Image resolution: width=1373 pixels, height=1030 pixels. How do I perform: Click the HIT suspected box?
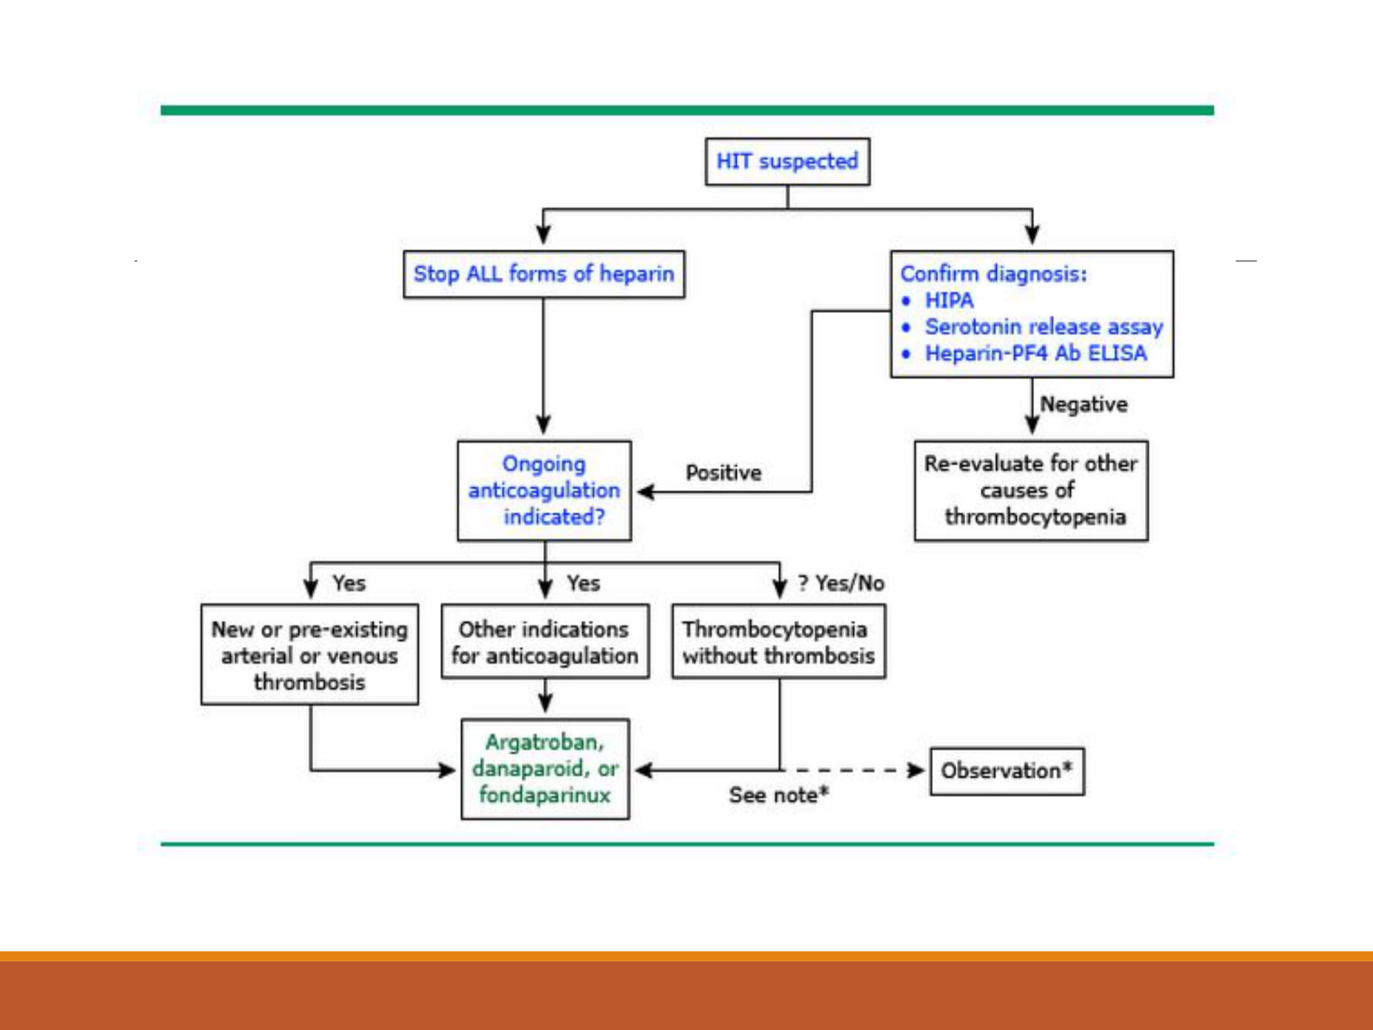[x=787, y=161]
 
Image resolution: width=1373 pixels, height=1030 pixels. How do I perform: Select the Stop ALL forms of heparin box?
[x=544, y=274]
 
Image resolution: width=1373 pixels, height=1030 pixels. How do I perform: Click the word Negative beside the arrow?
[x=1084, y=404]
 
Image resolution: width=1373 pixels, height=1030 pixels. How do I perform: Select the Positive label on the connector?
[x=724, y=472]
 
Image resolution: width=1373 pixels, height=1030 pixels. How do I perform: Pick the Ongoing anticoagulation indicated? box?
[x=544, y=490]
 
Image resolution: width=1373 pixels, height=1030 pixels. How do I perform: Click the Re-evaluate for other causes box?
[x=1031, y=490]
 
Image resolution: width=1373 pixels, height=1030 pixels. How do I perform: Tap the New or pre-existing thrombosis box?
[x=310, y=654]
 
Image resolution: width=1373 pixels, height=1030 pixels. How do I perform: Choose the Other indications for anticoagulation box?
[x=545, y=641]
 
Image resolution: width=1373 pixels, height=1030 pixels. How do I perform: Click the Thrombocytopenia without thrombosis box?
[x=778, y=641]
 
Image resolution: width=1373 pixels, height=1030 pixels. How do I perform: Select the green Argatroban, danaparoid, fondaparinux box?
[x=545, y=769]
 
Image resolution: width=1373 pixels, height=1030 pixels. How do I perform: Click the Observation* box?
[x=1007, y=771]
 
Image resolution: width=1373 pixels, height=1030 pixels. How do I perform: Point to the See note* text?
[x=779, y=794]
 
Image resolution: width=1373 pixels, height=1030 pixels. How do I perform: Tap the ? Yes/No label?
[x=842, y=583]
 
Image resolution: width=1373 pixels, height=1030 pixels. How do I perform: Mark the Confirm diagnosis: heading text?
[x=994, y=273]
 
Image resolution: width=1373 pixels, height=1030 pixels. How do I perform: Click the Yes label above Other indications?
[x=584, y=583]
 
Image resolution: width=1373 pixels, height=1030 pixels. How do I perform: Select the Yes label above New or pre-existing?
[x=349, y=583]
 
